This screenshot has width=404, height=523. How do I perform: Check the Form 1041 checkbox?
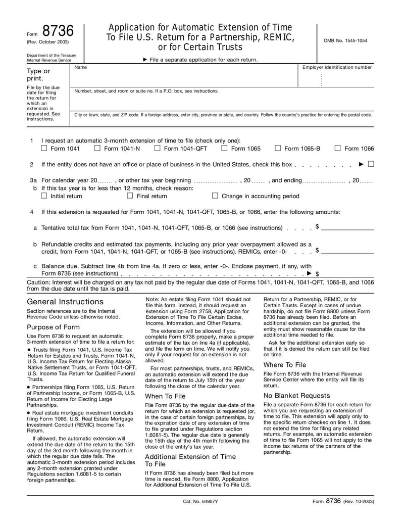coord(43,149)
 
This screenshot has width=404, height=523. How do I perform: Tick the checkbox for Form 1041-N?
coord(97,149)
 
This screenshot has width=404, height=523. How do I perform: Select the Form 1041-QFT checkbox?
coord(157,149)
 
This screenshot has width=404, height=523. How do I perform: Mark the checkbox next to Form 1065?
coord(224,149)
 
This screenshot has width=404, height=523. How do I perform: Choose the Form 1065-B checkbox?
coord(278,149)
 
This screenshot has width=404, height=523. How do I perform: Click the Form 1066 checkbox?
coord(338,149)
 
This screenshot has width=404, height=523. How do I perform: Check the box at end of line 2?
coord(371,164)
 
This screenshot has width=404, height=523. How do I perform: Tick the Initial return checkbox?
coord(43,196)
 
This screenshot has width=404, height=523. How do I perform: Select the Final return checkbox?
coord(130,196)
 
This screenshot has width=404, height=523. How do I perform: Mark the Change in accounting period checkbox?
coord(215,196)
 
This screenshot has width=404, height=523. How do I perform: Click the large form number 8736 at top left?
coord(58,32)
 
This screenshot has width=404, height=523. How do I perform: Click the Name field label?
coord(80,67)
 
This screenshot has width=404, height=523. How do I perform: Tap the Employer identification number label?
coord(337,67)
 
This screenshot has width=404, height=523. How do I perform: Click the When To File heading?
coord(165,397)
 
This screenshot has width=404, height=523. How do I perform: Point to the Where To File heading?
coord(285,365)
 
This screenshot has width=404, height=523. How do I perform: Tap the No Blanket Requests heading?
coord(296,396)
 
